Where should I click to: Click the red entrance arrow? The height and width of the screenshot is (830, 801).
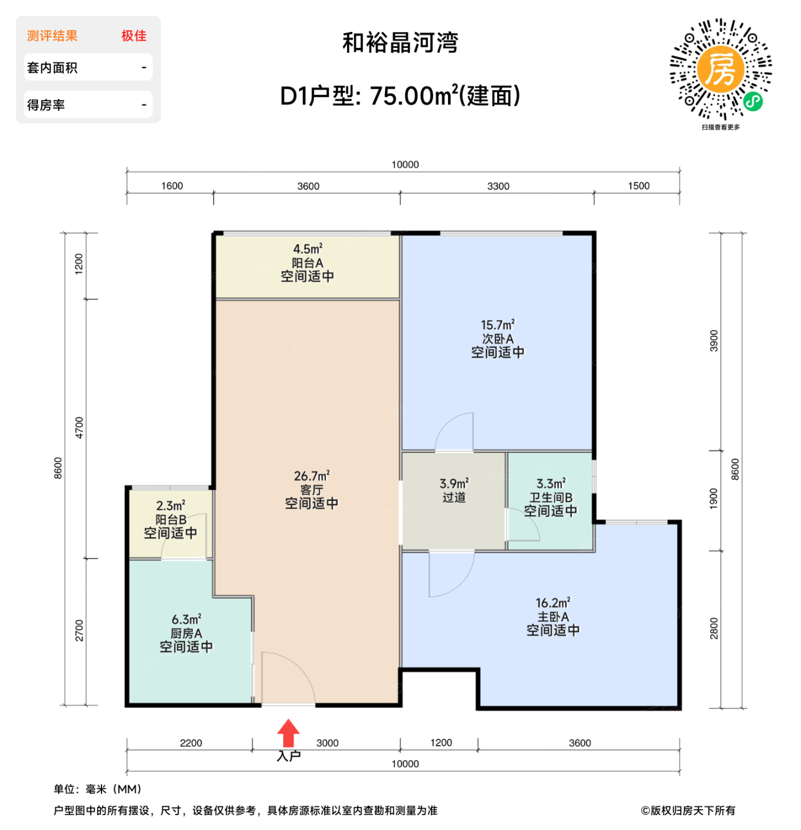point(288,733)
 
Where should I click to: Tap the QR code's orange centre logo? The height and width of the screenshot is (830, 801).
point(720,69)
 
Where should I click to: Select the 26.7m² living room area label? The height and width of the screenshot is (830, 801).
point(311,476)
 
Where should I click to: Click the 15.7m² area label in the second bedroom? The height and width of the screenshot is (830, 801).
point(498,325)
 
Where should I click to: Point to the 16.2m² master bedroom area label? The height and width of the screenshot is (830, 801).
point(553,603)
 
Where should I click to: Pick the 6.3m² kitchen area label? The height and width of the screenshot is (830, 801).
point(186,620)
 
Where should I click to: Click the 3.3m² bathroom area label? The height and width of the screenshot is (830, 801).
point(551,484)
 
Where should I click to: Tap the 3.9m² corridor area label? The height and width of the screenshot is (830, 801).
point(454,484)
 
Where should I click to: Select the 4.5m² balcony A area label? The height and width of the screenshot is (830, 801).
point(307,249)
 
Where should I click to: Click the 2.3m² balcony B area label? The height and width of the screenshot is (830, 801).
point(171,506)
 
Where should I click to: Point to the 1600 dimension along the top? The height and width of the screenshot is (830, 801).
point(172,186)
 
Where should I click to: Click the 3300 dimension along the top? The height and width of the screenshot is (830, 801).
point(498,186)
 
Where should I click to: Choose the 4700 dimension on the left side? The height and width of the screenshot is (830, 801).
point(79,427)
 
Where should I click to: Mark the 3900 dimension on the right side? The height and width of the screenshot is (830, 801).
point(714,341)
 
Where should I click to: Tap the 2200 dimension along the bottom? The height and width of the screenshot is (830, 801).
point(191,743)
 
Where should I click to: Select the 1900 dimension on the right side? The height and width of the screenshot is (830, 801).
point(714,499)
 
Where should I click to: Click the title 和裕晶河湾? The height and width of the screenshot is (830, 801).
point(401,43)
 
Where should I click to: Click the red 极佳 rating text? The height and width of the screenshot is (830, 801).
point(134,36)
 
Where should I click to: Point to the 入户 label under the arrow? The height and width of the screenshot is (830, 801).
point(289,756)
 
